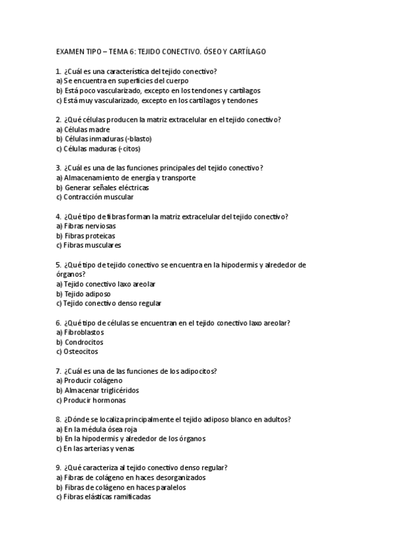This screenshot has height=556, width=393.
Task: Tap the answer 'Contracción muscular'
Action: [x=94, y=197]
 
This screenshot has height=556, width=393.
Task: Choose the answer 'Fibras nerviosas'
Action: [x=85, y=226]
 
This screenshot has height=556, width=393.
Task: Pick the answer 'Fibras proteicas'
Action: [x=85, y=236]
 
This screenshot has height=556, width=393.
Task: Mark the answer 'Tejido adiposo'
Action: [x=83, y=294]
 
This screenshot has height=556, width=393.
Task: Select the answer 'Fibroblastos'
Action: [x=80, y=332]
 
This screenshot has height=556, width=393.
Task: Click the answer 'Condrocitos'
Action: [x=79, y=342]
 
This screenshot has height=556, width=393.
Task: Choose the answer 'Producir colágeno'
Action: [x=89, y=381]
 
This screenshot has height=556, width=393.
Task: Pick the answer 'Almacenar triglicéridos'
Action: [x=97, y=391]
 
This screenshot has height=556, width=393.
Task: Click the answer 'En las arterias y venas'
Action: [x=97, y=449]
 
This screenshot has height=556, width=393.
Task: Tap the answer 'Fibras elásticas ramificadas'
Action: [x=103, y=497]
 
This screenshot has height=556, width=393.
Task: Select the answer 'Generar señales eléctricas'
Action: [x=102, y=188]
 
